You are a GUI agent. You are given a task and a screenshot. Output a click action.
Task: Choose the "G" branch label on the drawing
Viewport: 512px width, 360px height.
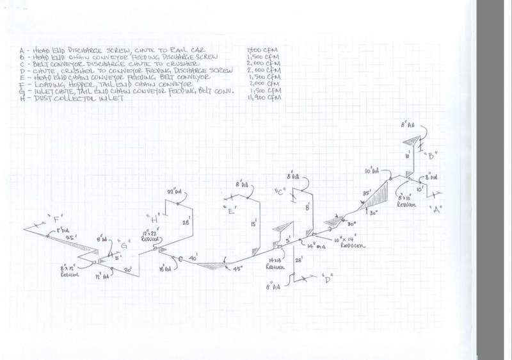pyautogui.click(x=124, y=243)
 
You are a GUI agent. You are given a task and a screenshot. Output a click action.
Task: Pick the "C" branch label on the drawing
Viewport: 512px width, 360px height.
pyautogui.click(x=279, y=191)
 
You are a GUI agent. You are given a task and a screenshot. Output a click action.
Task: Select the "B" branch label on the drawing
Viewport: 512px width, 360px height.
pyautogui.click(x=432, y=155)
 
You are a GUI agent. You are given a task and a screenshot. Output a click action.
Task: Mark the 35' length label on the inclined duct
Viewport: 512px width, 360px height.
pyautogui.click(x=367, y=192)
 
